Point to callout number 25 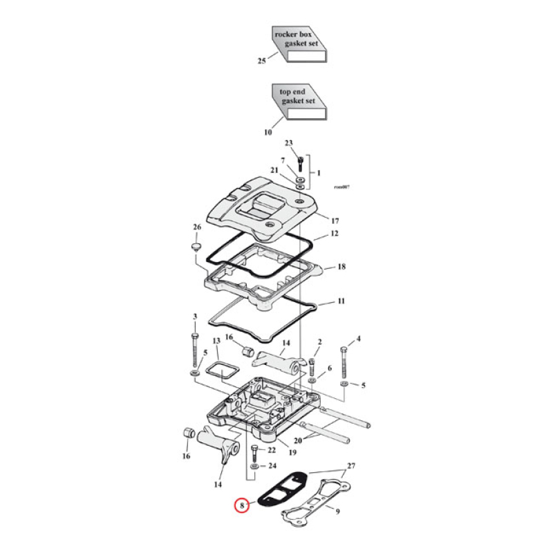261,62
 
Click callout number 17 335,221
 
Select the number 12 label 334,234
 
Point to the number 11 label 341,302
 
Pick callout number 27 350,465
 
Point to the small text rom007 341,187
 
